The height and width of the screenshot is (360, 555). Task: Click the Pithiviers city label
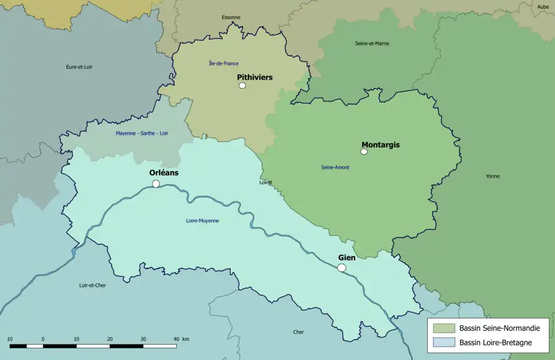[x=254, y=77]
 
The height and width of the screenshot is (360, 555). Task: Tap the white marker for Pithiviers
[x=242, y=86]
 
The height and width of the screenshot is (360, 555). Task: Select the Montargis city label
[x=380, y=144]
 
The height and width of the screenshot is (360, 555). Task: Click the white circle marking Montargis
[x=364, y=151]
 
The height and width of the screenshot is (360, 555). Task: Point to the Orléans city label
[x=164, y=172]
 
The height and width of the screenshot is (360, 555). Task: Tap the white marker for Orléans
[x=156, y=184]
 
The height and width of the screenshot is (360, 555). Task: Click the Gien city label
[x=346, y=258]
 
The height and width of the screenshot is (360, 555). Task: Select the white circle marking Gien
[x=342, y=268]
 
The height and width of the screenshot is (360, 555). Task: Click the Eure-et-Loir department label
[x=79, y=67]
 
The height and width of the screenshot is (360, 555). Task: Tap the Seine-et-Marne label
[x=372, y=43]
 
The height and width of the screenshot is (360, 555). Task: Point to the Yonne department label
[x=493, y=176]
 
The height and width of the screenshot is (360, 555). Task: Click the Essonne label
[x=231, y=17]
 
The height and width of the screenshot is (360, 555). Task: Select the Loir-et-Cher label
[x=92, y=285]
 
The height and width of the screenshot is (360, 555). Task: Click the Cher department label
[x=298, y=332]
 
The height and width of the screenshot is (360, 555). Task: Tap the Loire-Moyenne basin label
[x=202, y=221]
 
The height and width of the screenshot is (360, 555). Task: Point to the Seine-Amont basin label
[x=335, y=168]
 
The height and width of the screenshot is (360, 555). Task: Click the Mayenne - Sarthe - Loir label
[x=142, y=133]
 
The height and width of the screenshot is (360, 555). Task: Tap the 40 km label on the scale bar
[x=181, y=339]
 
